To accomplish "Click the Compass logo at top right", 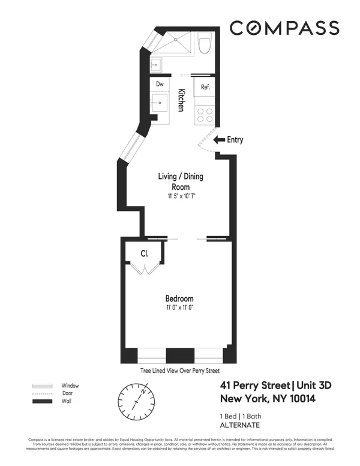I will (x=284, y=28).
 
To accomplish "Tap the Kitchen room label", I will (x=180, y=100).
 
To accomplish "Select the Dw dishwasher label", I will (x=160, y=85).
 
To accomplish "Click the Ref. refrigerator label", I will (x=205, y=87).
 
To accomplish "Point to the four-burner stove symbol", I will (x=205, y=114).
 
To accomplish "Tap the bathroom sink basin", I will (x=158, y=64).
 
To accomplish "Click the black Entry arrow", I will (x=218, y=141).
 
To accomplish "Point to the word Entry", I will (x=235, y=141).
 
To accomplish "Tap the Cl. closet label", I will (x=145, y=253).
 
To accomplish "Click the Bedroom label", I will (x=179, y=298).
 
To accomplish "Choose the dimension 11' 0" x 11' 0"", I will (x=179, y=307).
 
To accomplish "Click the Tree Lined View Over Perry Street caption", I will (x=179, y=371).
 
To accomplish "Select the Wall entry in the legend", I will (x=66, y=402).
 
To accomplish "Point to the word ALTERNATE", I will (x=241, y=425).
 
